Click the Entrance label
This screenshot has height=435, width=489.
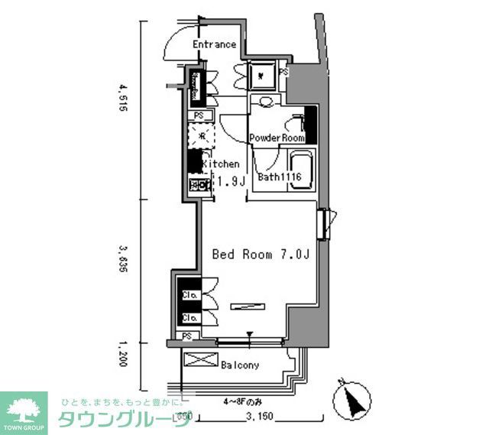(x=214, y=44)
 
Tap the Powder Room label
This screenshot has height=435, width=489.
(x=277, y=138)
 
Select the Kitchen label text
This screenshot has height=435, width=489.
(x=222, y=164)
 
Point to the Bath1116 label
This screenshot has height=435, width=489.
(x=280, y=177)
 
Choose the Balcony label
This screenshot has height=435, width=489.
(x=240, y=365)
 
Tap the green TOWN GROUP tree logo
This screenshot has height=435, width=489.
(x=24, y=408)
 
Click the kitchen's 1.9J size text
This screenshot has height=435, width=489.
(x=230, y=181)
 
